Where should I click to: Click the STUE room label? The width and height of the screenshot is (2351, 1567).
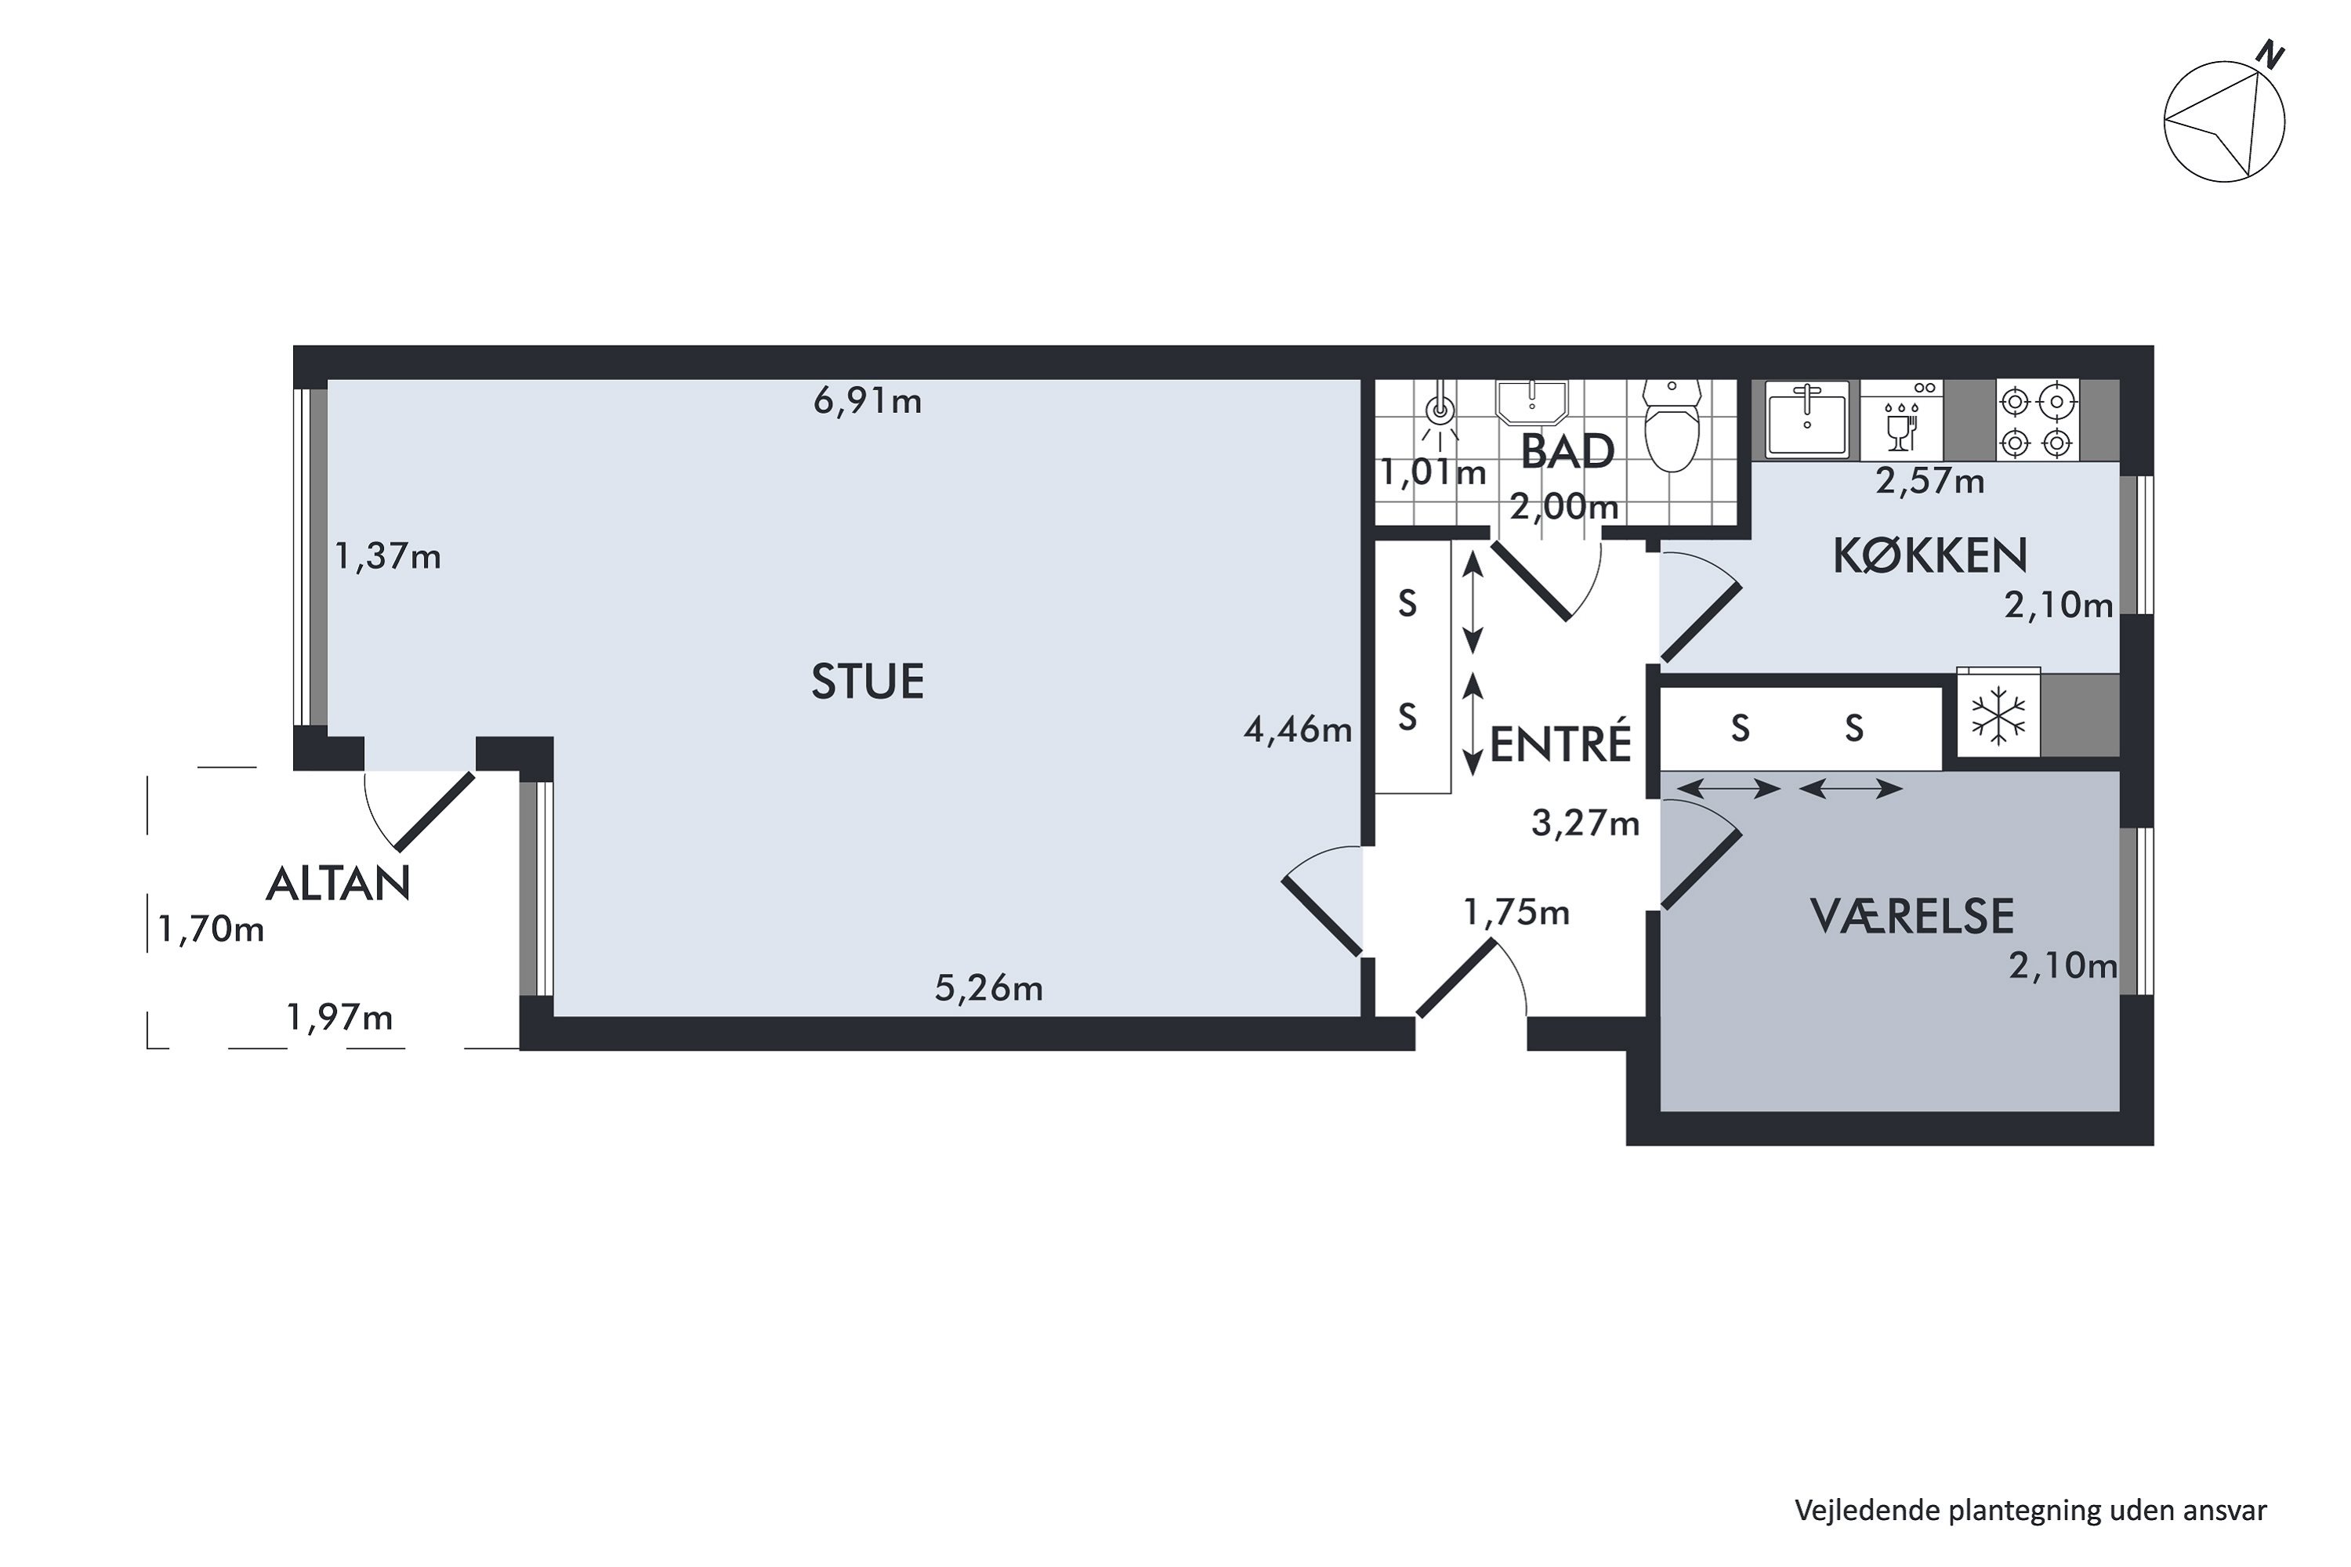pos(867,682)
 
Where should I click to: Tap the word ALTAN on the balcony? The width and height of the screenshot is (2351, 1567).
pos(338,884)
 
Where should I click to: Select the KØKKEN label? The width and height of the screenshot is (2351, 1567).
pos(1929,556)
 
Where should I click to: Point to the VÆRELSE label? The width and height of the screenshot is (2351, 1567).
pos(1912,917)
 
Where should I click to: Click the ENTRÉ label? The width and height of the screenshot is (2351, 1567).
pos(1560,743)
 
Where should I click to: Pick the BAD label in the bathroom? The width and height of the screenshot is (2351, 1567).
pos(1567,452)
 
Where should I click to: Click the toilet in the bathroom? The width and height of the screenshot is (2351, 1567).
pos(1672,425)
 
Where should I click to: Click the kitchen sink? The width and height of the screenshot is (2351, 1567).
pos(1807,420)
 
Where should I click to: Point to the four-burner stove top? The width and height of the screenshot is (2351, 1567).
pos(2037,420)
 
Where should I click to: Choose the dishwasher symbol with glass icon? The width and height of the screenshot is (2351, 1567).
pos(1902,420)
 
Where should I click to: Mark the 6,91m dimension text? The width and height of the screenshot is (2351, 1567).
pos(868,402)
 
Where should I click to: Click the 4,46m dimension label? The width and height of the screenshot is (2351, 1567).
pos(1298,730)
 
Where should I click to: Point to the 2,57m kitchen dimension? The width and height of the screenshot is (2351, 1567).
pos(1930,482)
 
